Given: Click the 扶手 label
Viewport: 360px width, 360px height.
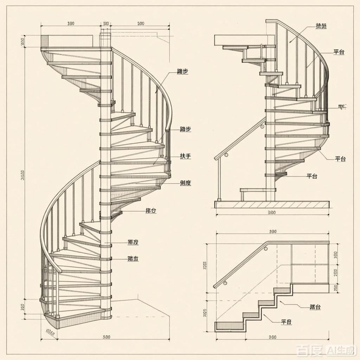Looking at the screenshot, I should coord(185,156).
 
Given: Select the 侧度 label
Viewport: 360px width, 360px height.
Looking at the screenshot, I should coord(185,183).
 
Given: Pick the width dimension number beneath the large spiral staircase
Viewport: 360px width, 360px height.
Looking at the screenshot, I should coord(106,337).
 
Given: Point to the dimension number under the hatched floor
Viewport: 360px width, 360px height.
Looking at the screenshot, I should coord(271,212).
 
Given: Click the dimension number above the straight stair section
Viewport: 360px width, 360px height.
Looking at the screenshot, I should coord(273,232).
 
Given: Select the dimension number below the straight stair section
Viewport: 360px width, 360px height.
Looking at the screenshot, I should coord(272,337).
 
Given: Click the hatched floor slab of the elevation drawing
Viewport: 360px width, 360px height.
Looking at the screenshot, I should coord(272,204).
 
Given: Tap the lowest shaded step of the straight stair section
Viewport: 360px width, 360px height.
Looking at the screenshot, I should coord(230,326).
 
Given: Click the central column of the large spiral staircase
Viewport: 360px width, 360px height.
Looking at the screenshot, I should coord(105,176).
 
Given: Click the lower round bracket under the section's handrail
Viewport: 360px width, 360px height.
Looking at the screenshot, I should coord(225,283).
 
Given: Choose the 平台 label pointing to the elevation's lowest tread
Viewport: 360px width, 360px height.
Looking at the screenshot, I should coord(312,176).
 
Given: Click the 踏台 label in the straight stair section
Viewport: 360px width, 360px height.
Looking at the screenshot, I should coord(315,307).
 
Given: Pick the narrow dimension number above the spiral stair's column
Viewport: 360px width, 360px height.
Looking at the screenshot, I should coord(105,24).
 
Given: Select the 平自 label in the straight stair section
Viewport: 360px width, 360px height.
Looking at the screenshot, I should coord(287,322).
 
